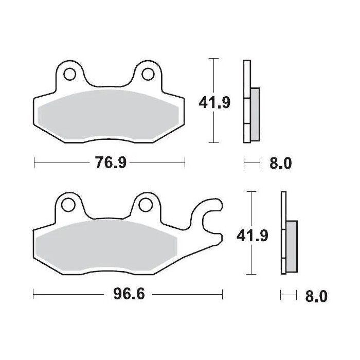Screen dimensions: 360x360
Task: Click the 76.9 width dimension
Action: point(110,163)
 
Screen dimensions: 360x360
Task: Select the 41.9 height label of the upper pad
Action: point(214,103)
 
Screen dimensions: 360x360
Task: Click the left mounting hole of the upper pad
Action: point(69,74)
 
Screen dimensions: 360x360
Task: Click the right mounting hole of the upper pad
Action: point(147,74)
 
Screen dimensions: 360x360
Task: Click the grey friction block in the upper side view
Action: point(256,114)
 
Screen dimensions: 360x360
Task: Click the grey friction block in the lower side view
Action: point(292,246)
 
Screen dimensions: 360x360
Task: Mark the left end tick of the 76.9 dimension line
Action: point(34,163)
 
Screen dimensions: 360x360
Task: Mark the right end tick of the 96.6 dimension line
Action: point(222,295)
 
